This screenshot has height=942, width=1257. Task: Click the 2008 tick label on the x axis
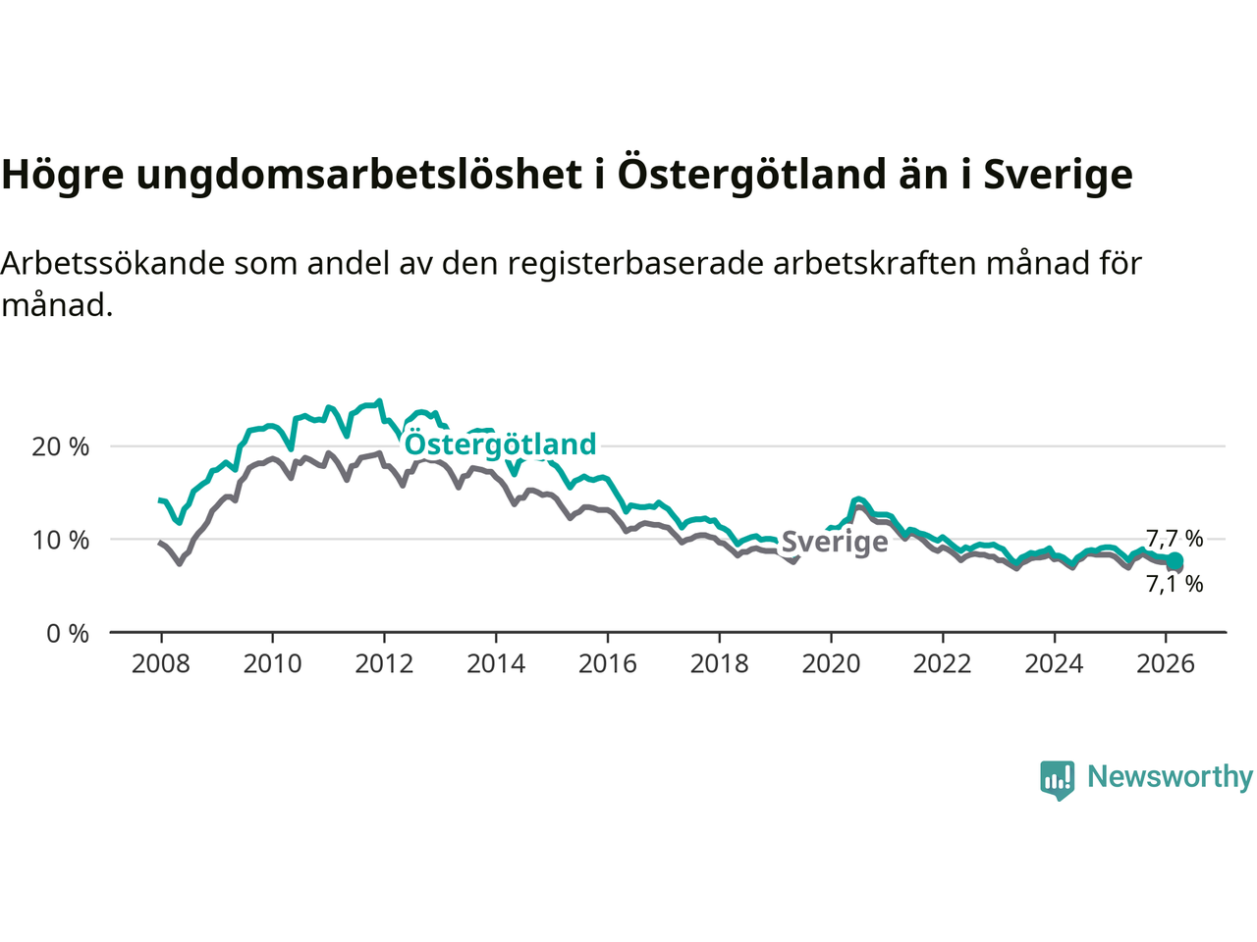tap(161, 664)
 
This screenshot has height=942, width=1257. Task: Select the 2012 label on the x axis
tap(384, 664)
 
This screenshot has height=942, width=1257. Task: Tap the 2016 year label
tap(607, 664)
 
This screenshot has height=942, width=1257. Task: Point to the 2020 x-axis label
tap(831, 664)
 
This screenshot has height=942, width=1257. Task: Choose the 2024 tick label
tap(1054, 664)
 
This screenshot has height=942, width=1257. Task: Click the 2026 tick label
tap(1166, 664)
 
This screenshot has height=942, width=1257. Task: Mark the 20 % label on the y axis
tap(60, 447)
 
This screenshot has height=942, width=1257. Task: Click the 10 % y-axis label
tap(60, 541)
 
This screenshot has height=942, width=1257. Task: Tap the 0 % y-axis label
tap(67, 634)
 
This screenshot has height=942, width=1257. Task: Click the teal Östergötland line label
tap(501, 445)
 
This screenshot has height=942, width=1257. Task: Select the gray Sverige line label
tap(835, 543)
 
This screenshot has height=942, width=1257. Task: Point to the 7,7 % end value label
tap(1175, 539)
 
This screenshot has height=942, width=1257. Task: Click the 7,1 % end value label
tap(1175, 584)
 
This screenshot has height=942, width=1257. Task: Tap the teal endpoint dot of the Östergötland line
tap(1175, 561)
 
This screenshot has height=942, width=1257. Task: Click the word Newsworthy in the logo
tap(1170, 777)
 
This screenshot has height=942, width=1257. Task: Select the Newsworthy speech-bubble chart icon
tap(1058, 780)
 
